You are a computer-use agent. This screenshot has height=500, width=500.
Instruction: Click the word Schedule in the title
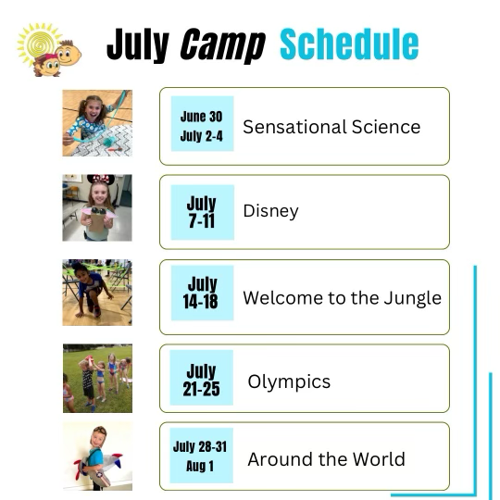tap(349, 44)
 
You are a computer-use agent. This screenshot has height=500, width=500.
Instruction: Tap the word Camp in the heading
tap(222, 45)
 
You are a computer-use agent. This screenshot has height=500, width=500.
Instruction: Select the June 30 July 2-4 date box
tap(202, 123)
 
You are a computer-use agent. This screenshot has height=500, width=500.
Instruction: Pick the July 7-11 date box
tap(202, 212)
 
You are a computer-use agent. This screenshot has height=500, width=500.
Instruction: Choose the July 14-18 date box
tap(202, 293)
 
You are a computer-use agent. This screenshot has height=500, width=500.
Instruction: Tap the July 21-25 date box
tap(201, 378)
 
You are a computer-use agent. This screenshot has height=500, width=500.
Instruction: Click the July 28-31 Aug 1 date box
tap(201, 456)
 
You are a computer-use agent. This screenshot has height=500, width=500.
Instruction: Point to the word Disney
tap(270, 211)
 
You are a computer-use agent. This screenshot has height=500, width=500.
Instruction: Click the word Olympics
tap(289, 382)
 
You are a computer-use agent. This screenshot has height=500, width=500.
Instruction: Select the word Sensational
tap(294, 127)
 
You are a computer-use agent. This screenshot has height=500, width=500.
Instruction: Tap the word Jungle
tap(413, 298)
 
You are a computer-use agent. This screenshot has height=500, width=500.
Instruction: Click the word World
tap(379, 459)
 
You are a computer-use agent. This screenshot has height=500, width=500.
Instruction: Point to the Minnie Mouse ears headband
tap(100, 179)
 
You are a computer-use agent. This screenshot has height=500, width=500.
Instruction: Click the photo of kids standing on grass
tap(97, 378)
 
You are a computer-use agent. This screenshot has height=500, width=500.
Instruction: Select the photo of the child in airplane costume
tap(97, 456)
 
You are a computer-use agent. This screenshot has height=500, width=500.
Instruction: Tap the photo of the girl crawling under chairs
tap(97, 293)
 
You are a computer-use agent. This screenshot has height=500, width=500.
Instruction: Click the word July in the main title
tap(138, 45)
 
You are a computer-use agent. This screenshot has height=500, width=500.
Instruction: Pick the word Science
tap(386, 127)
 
